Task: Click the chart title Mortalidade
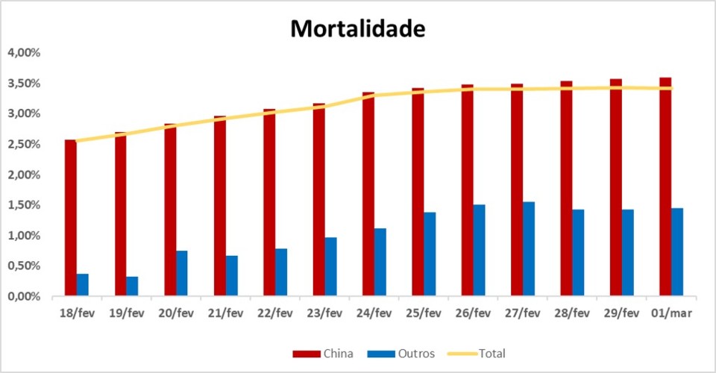[357, 28]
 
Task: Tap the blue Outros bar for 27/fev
[529, 249]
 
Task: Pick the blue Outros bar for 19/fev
[132, 286]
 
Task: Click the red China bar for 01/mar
[665, 186]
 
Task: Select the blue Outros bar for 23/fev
[330, 267]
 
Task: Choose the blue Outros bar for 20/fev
[182, 274]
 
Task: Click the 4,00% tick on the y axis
[24, 53]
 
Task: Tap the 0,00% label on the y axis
[24, 296]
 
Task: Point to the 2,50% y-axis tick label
[24, 144]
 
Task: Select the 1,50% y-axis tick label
[24, 205]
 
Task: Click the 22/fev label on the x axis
[275, 313]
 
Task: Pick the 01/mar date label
[671, 313]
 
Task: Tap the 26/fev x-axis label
[473, 313]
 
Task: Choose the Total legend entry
[478, 353]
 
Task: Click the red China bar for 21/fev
[220, 206]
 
